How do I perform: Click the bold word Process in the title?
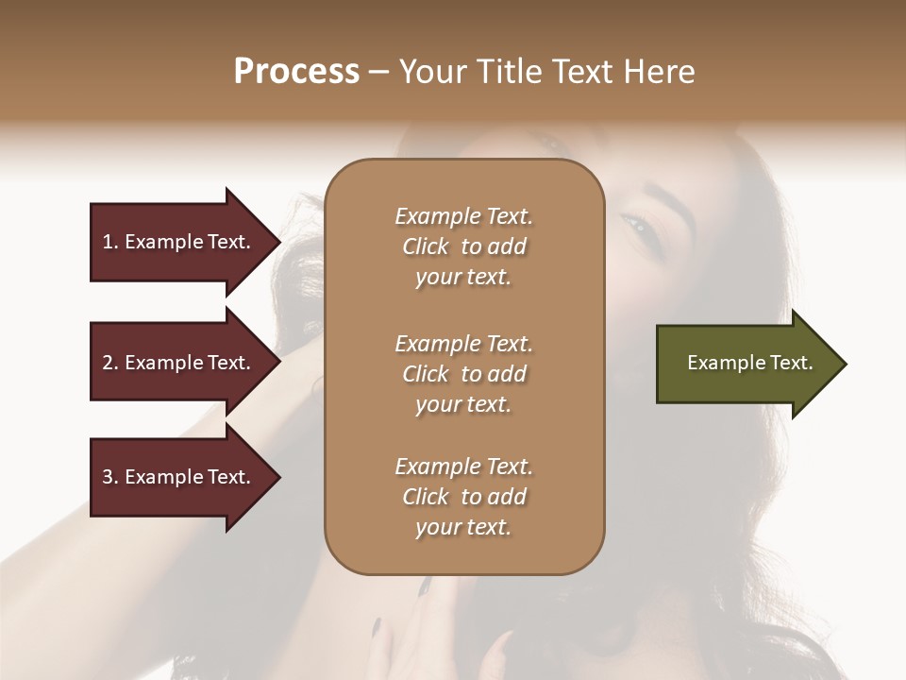point(296,72)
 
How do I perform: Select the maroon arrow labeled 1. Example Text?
point(179,242)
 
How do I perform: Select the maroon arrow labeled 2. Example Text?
point(179,363)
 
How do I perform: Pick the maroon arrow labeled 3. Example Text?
point(179,477)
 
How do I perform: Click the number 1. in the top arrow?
point(110,242)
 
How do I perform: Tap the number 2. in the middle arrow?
point(110,363)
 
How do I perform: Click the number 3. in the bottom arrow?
point(110,477)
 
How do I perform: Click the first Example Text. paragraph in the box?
point(463,246)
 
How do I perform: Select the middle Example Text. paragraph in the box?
point(463,374)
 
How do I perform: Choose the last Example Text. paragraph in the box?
point(463,497)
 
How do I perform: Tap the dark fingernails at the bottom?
point(376,627)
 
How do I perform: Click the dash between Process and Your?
point(379,73)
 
